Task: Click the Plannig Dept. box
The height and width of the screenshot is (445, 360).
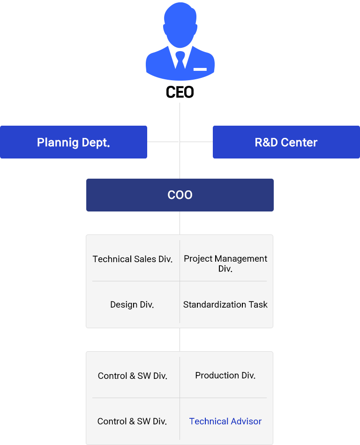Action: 74,142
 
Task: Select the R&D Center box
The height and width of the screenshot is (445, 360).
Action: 286,142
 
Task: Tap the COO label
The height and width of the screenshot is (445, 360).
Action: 180,195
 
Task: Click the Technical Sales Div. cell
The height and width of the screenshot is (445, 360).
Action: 133,259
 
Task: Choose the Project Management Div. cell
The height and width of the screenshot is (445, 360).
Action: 225,263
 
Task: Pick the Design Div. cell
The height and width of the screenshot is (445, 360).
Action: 132,305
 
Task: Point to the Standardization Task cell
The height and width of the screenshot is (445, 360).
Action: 225,305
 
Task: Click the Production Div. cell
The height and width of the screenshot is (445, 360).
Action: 225,376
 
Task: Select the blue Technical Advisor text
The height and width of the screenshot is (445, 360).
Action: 225,422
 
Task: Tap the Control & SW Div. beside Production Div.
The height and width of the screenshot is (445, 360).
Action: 133,376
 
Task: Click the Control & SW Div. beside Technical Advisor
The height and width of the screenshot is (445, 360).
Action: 132,422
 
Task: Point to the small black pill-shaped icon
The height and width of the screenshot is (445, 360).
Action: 180,92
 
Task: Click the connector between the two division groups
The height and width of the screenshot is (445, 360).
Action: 180,339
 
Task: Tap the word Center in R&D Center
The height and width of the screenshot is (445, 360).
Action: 299,142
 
